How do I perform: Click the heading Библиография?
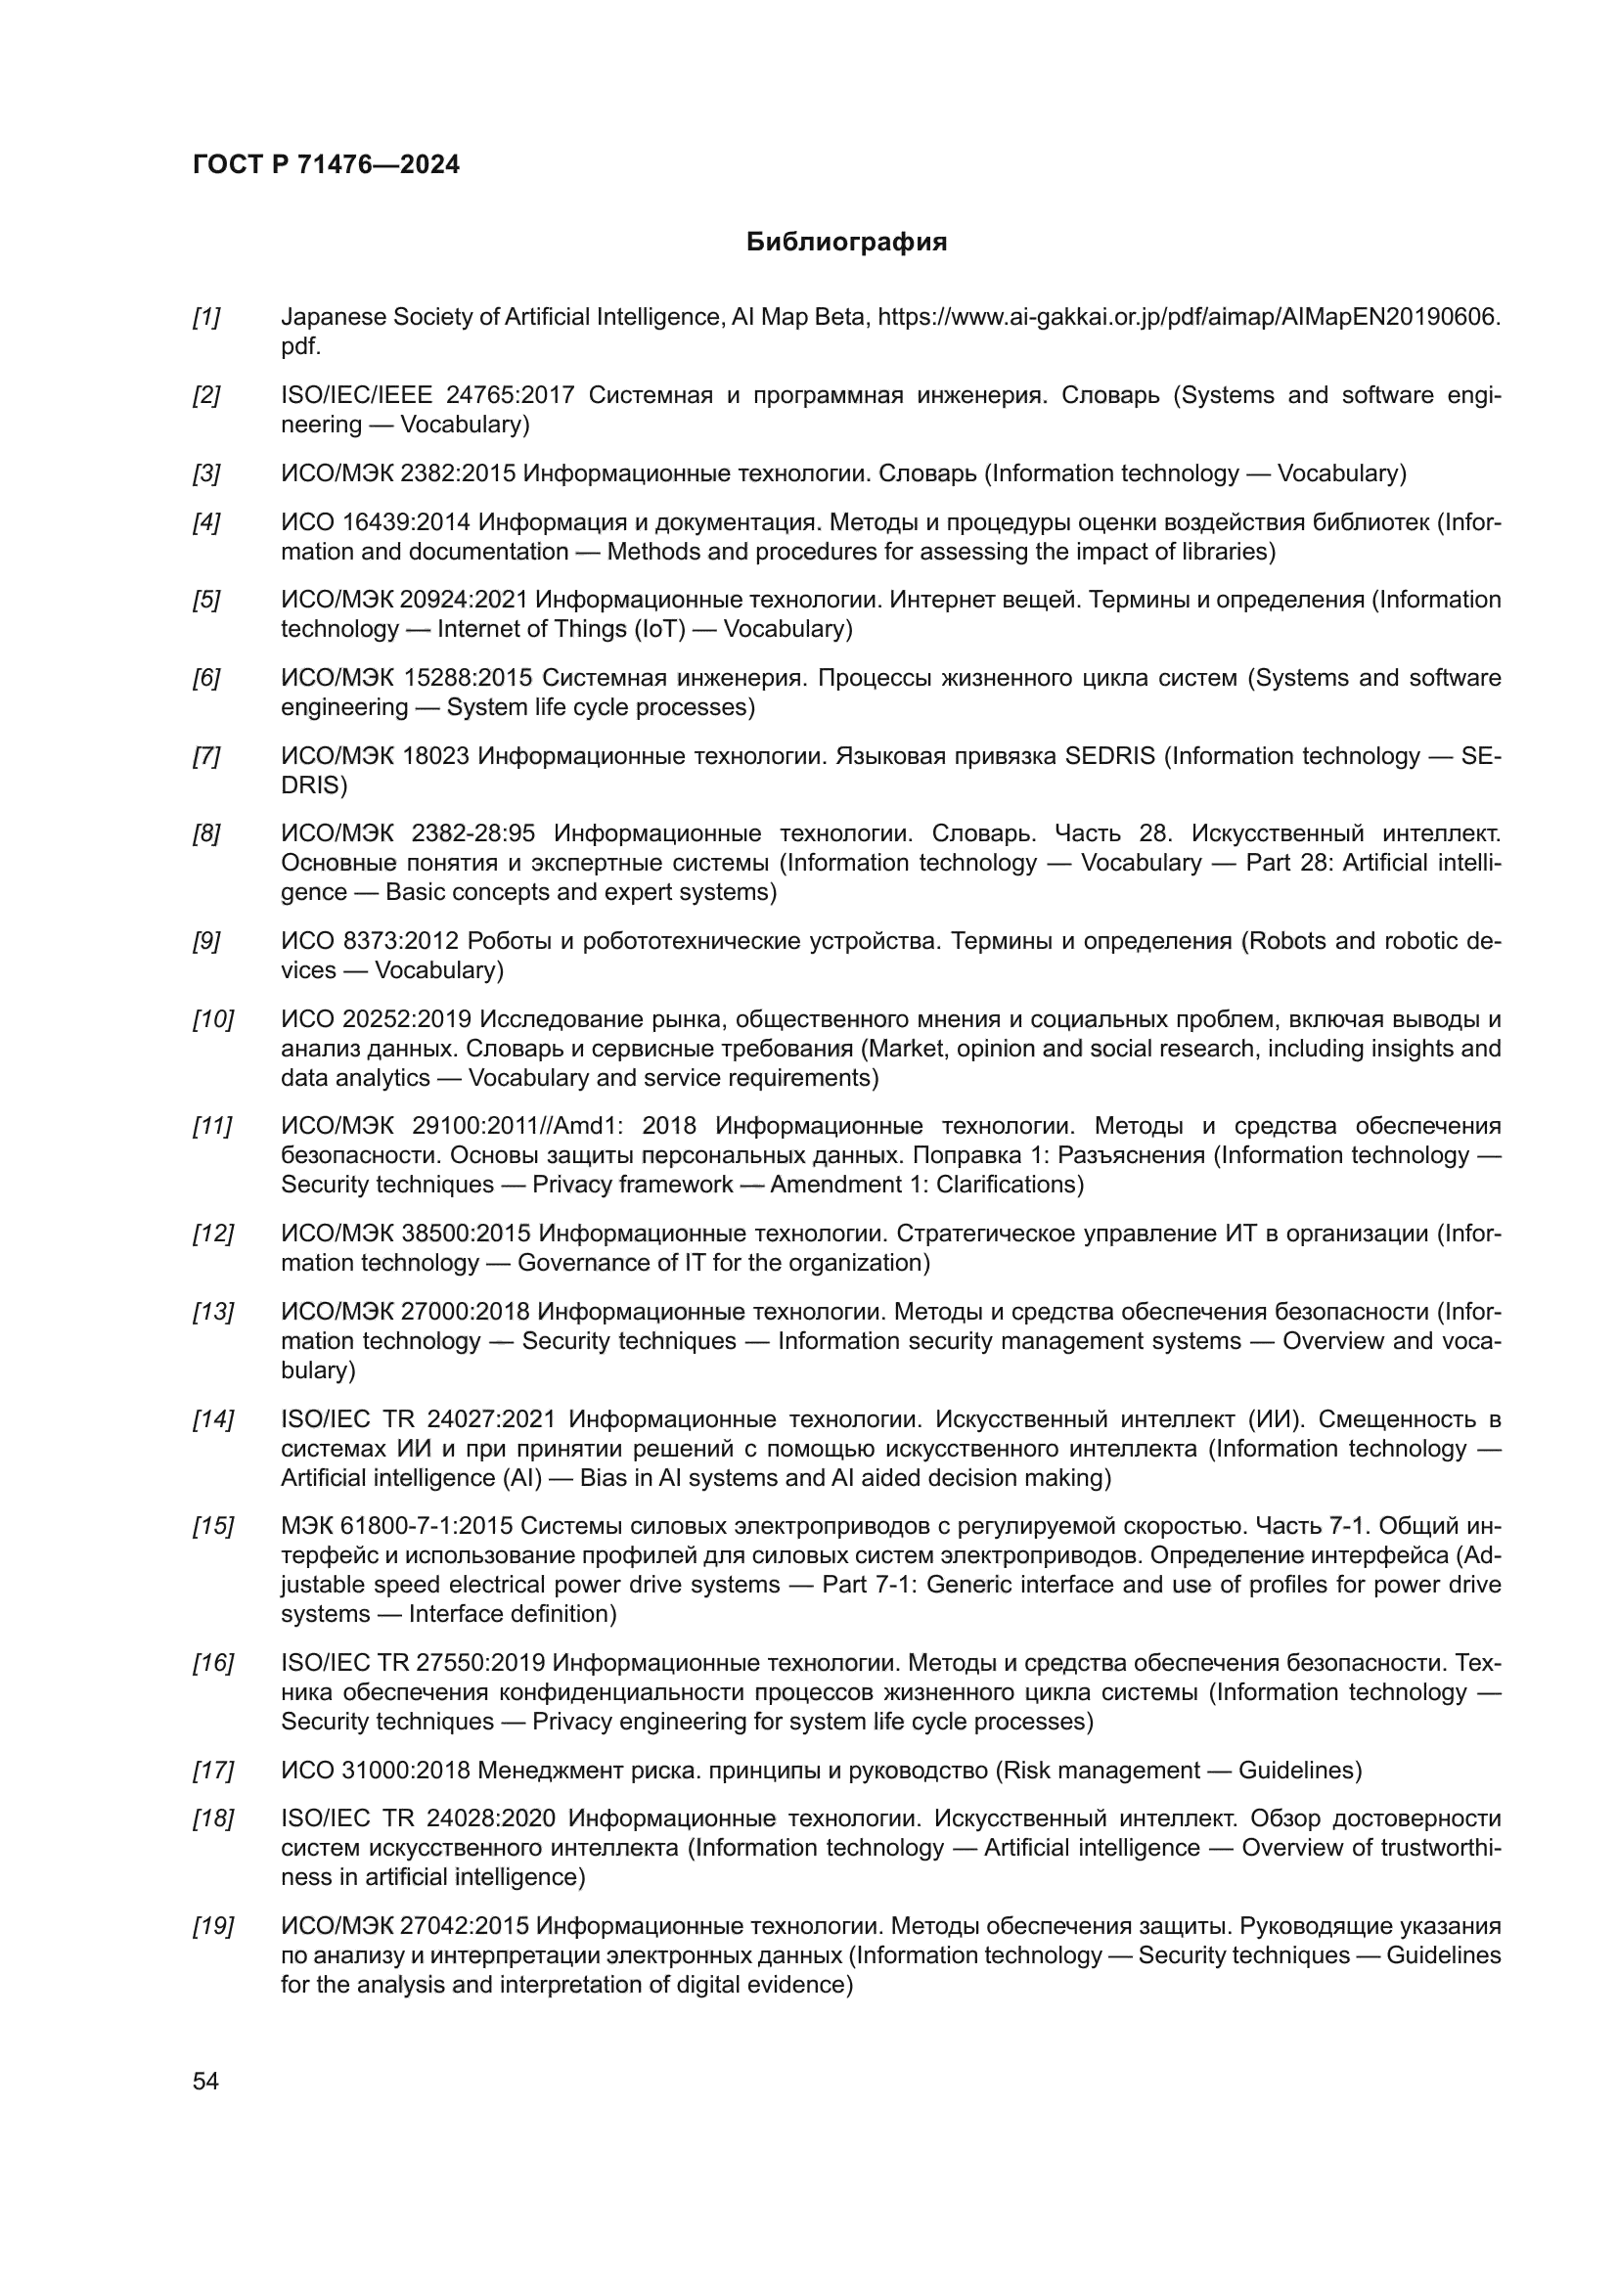pyautogui.click(x=846, y=243)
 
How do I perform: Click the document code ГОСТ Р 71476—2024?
pyautogui.click(x=326, y=165)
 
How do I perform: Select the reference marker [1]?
pyautogui.click(x=206, y=318)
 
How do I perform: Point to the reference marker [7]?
pyautogui.click(x=206, y=756)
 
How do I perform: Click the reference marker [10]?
pyautogui.click(x=212, y=1019)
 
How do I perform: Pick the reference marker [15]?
pyautogui.click(x=212, y=1527)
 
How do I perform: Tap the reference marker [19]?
pyautogui.click(x=212, y=1926)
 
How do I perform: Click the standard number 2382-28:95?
pyautogui.click(x=473, y=834)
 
